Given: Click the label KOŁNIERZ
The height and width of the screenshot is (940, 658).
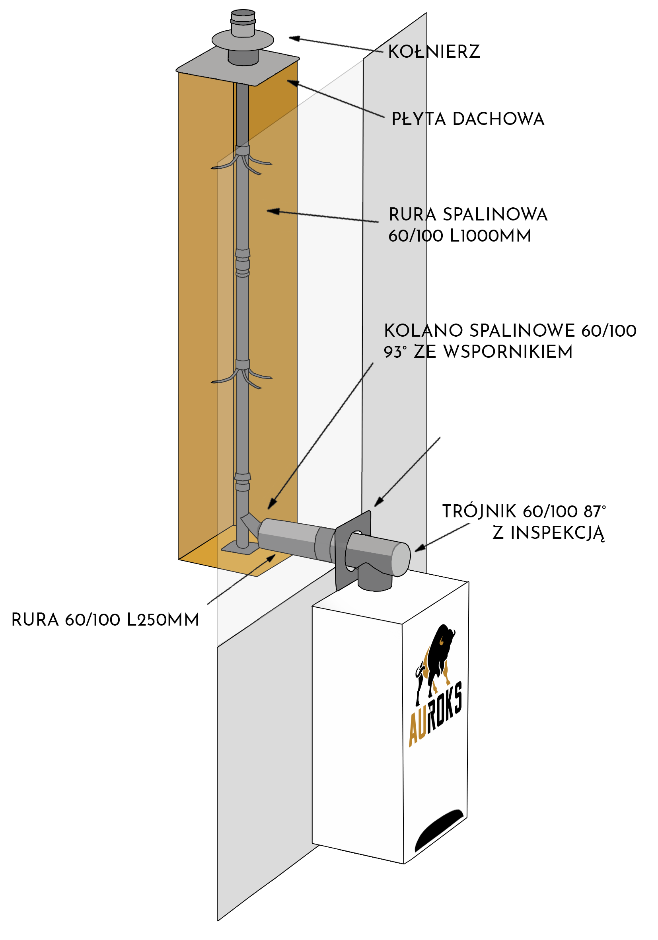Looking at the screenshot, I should tap(434, 52).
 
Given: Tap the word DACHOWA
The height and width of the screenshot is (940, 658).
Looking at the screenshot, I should tap(498, 119).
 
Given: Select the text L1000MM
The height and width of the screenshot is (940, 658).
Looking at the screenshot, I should tap(490, 236).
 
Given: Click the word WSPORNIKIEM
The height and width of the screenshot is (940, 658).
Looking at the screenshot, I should tap(508, 352).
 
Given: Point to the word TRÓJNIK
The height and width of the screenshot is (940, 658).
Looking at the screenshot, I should tap(479, 511).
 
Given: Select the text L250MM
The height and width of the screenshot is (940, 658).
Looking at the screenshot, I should tap(162, 620).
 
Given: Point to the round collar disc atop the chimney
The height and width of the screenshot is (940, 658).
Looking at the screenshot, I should tap(243, 40).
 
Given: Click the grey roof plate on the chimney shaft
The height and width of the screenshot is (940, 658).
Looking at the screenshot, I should tap(238, 68).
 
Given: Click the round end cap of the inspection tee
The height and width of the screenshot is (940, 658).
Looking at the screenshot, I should tap(401, 559).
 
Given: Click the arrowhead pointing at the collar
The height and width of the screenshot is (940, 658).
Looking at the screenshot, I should tap(293, 39).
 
